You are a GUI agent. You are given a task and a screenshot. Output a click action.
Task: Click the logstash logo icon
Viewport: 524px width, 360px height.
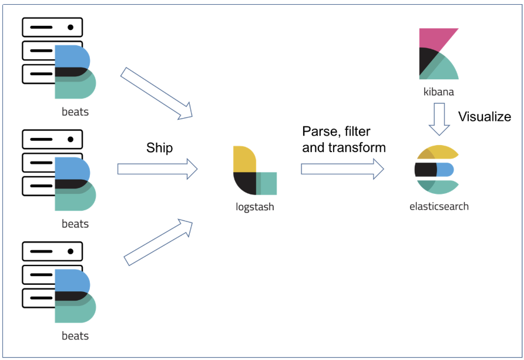[x=254, y=170]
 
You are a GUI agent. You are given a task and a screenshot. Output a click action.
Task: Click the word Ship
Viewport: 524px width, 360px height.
[x=159, y=148]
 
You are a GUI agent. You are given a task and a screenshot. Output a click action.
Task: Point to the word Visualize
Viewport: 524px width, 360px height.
[x=485, y=116]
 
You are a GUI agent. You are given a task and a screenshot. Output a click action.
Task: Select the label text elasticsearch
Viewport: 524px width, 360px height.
[x=439, y=206]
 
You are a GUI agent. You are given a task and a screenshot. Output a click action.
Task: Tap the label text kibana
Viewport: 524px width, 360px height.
[x=438, y=92]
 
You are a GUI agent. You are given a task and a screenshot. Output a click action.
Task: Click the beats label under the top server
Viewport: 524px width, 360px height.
[x=75, y=111]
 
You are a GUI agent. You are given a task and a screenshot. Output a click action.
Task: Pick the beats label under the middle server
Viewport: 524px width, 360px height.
[x=75, y=224]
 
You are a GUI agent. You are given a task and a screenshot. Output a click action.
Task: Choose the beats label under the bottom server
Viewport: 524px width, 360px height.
[x=75, y=337]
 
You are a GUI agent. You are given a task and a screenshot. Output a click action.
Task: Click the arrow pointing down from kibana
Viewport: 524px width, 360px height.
[x=439, y=119]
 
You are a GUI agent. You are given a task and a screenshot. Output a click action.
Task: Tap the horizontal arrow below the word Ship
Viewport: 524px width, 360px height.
[x=157, y=169]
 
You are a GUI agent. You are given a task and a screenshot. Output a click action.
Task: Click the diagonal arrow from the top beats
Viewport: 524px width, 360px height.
[x=157, y=92]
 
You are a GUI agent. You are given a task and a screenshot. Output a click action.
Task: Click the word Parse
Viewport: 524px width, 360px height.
[x=320, y=131]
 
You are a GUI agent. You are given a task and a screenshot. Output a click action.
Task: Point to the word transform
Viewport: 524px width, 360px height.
[x=359, y=147]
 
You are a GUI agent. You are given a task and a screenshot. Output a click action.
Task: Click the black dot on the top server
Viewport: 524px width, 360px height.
[x=70, y=27]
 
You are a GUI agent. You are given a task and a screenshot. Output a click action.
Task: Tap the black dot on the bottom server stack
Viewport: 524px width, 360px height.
[x=70, y=251]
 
